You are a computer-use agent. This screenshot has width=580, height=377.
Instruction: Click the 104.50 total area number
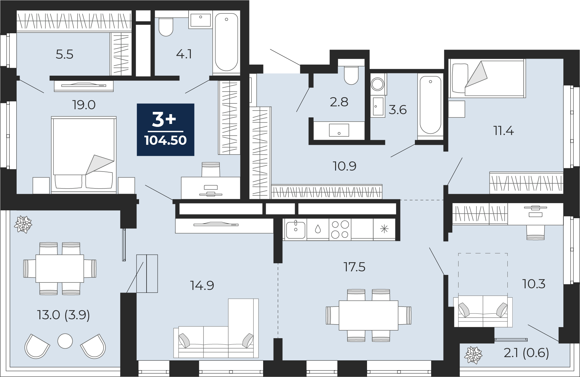coord(165,141)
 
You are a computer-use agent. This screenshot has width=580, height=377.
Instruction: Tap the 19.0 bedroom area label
coord(84,105)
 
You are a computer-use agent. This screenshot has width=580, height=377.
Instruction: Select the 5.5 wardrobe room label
coord(64,54)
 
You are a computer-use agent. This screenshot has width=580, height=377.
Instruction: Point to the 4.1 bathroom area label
coord(184,54)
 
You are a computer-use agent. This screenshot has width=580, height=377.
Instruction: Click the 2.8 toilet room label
coord(339,102)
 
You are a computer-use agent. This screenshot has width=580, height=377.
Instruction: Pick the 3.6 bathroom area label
coord(398,110)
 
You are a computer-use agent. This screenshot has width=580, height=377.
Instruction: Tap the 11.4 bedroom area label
coord(503,131)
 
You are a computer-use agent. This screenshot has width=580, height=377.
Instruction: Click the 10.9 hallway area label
coord(345,166)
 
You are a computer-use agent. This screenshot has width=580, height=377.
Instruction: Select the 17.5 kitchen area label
coord(354,267)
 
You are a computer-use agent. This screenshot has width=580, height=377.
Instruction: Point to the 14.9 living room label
coord(202,286)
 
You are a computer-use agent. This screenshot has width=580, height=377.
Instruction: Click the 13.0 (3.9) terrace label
coord(64,315)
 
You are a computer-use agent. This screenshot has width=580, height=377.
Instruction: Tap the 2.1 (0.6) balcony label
coord(526,353)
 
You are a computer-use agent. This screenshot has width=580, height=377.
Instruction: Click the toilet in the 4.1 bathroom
coord(166,26)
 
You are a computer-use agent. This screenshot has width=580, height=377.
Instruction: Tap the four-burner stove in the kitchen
coord(340,230)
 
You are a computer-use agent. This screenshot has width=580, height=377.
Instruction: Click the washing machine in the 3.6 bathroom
coord(378,84)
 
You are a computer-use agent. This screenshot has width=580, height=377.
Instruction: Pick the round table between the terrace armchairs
coord(65,341)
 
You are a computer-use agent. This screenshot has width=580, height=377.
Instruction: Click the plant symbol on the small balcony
coord(473,355)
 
